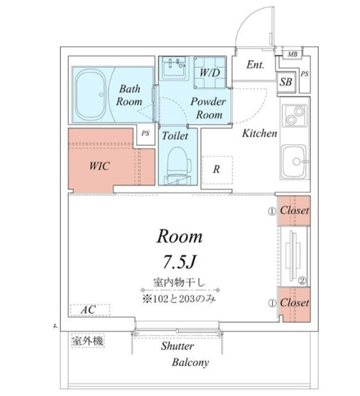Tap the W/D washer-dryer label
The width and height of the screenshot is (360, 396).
[209, 73]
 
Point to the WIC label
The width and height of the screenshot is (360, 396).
[100, 164]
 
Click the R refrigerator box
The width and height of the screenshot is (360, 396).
[217, 169]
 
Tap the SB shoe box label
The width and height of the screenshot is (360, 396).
[287, 82]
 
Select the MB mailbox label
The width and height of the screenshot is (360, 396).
[293, 54]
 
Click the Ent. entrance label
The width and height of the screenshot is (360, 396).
[256, 65]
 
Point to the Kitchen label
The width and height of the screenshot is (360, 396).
[259, 133]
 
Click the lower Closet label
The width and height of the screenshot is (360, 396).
[294, 303]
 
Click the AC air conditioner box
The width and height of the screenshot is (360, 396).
[88, 310]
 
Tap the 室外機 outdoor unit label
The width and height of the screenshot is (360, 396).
[87, 342]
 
